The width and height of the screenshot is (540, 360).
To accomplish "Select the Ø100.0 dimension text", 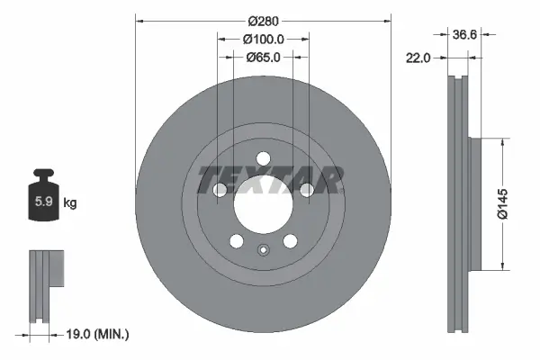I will point(264,39).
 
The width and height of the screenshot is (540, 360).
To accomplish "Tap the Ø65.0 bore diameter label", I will point(264,57).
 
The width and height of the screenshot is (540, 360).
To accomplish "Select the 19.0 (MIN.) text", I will point(99,334).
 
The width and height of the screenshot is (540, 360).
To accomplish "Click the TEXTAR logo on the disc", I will point(269,180).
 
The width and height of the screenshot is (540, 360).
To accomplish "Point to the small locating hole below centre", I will point(263,251).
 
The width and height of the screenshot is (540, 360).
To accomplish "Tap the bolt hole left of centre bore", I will point(220,189).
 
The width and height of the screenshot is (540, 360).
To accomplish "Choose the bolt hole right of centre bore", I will point(307,189).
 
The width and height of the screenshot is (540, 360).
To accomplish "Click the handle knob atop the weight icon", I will point(44,173).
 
